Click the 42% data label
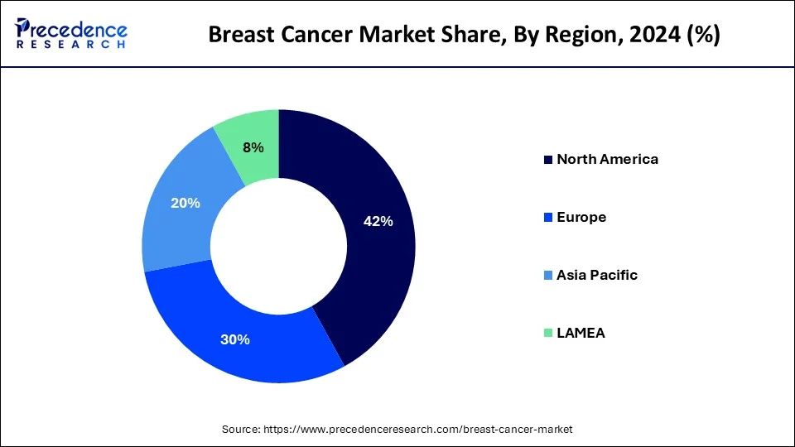click(x=378, y=221)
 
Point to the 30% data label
click(x=235, y=339)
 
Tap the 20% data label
click(x=185, y=203)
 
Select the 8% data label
click(x=253, y=147)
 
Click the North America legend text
click(x=607, y=159)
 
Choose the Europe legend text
click(x=581, y=217)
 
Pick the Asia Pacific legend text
click(x=597, y=275)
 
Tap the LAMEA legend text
click(x=581, y=333)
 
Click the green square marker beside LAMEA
click(x=547, y=334)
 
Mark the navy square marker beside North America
click(x=547, y=160)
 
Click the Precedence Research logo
click(x=71, y=34)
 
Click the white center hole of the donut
click(x=278, y=246)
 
